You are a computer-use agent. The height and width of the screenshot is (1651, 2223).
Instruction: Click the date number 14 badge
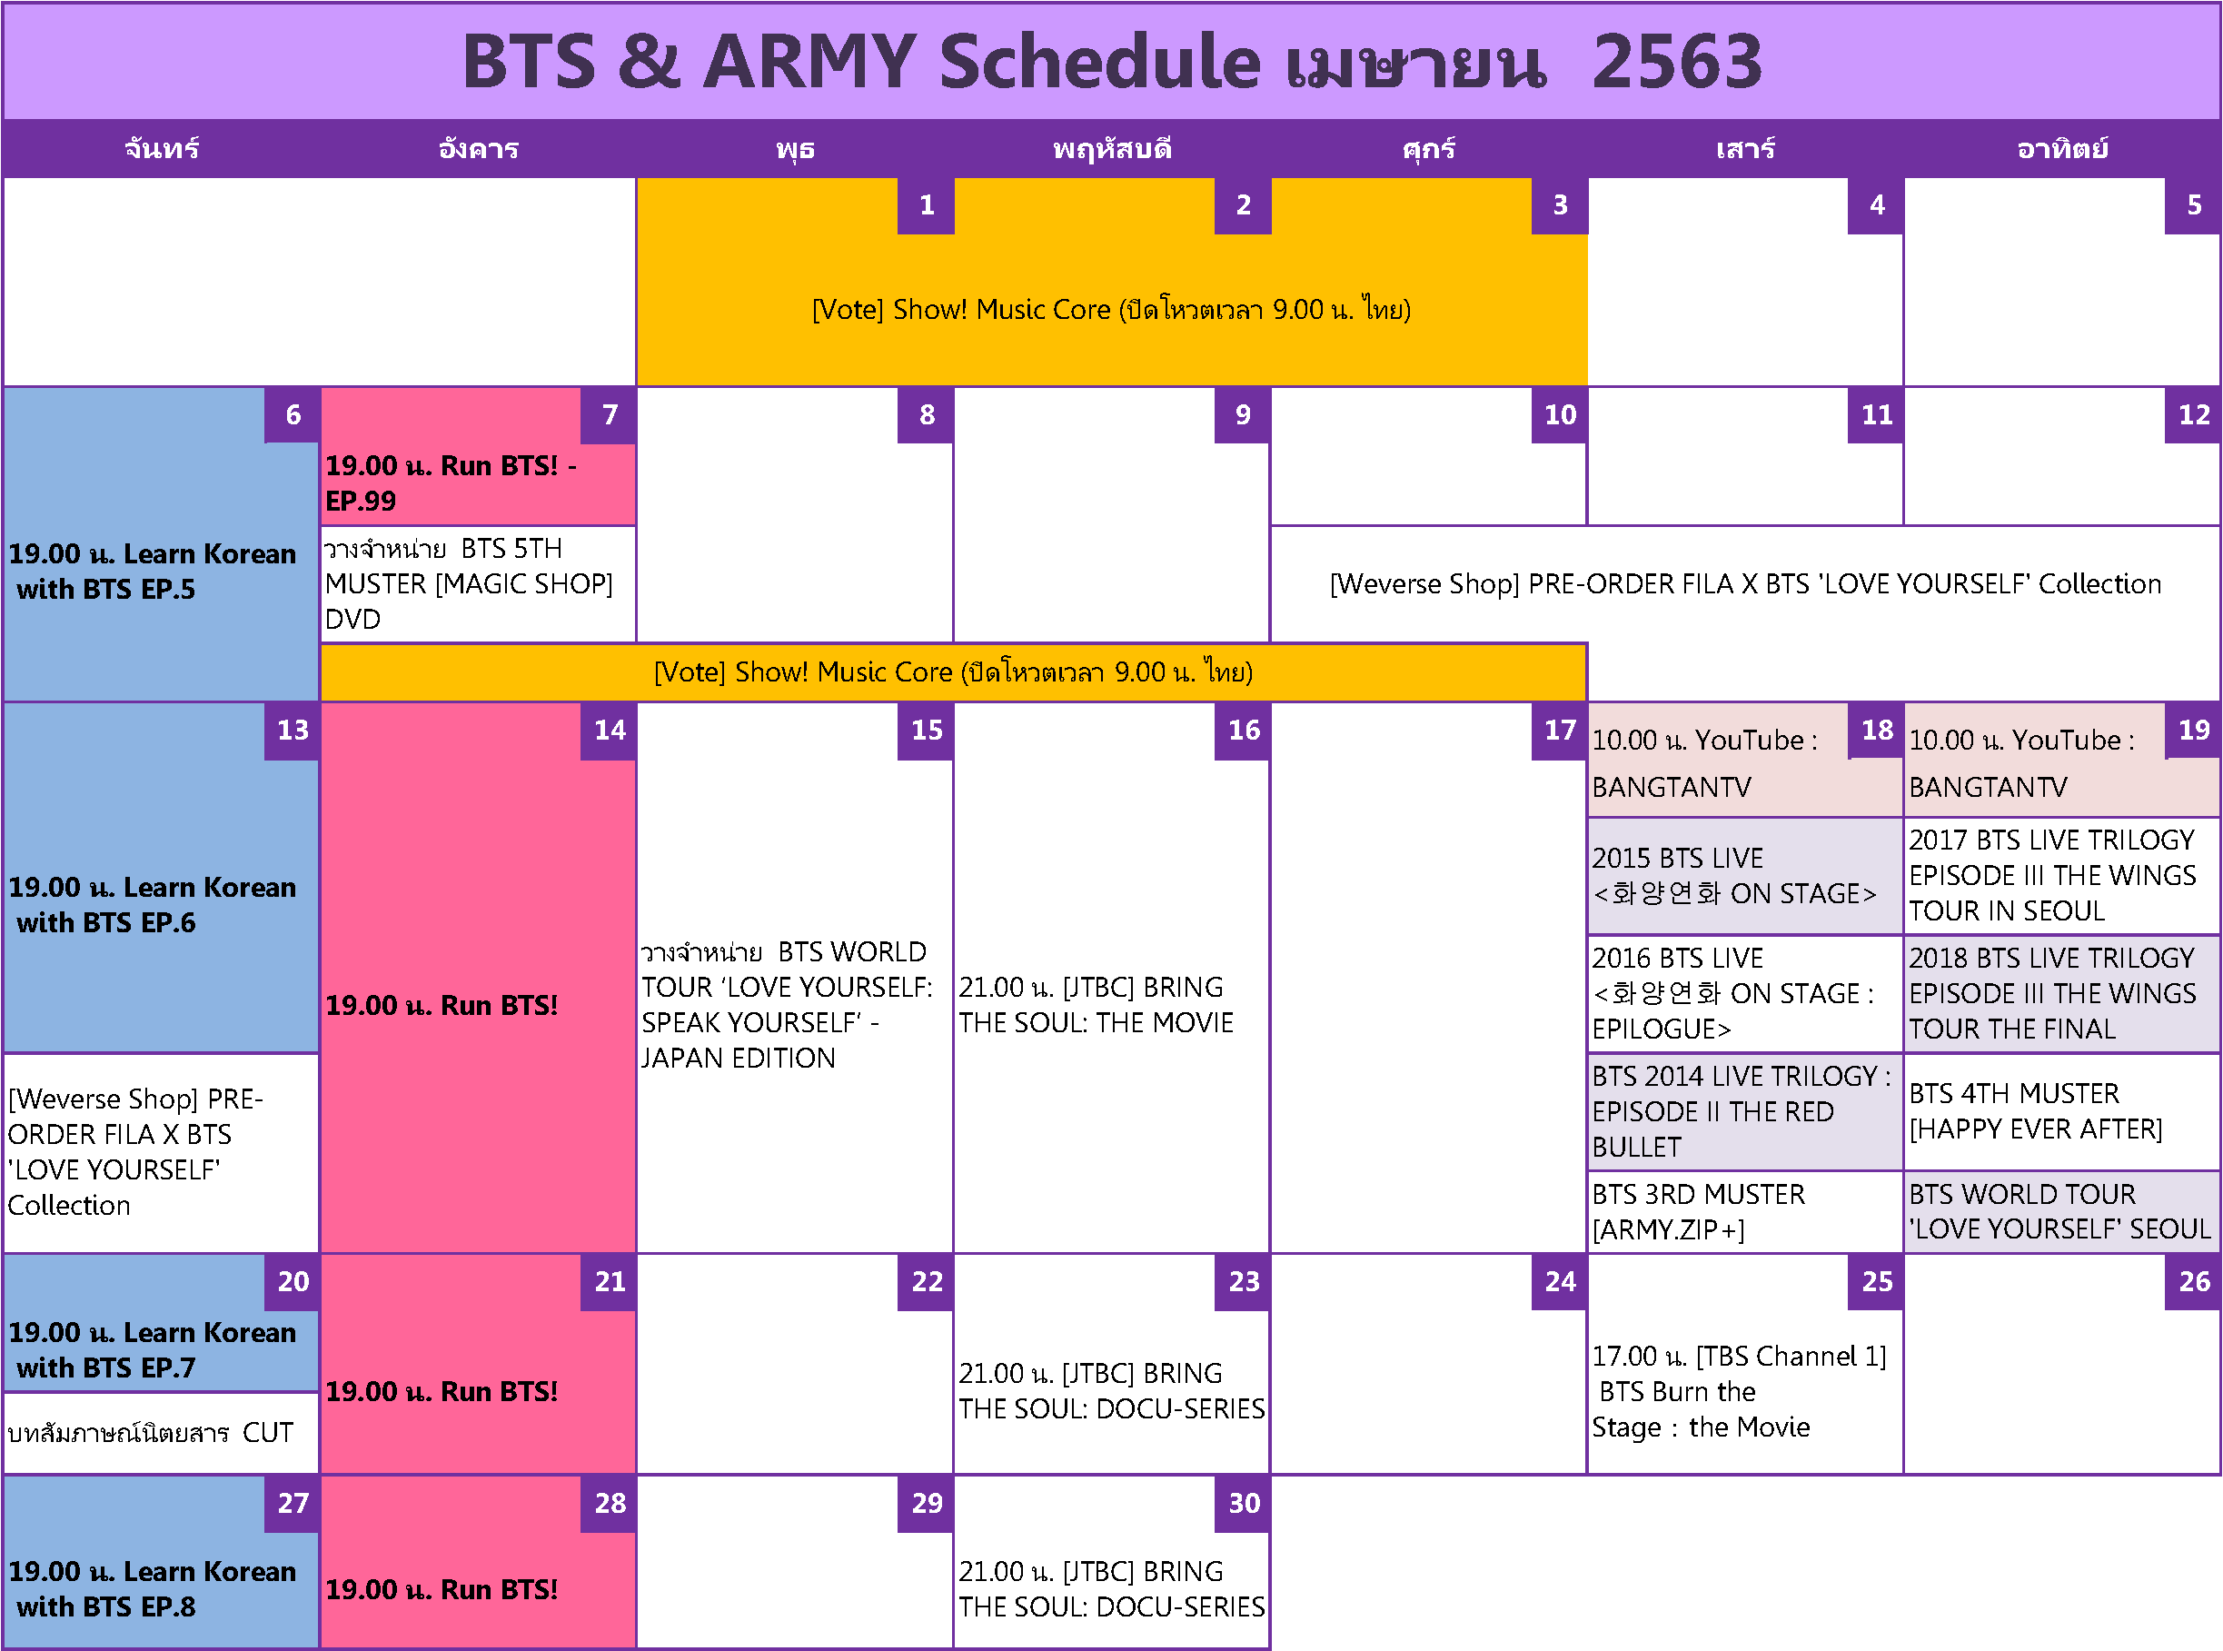click(609, 731)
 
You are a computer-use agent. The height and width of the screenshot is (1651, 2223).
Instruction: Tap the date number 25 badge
click(1875, 1282)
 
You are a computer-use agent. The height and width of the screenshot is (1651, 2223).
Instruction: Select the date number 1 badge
click(926, 206)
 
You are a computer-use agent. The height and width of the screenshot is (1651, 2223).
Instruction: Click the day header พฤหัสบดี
click(1111, 150)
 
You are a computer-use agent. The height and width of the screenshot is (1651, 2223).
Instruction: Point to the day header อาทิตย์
click(2062, 150)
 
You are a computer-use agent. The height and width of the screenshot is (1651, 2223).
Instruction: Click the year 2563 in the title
click(1676, 62)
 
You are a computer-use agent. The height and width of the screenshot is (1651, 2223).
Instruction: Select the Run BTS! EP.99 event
click(451, 483)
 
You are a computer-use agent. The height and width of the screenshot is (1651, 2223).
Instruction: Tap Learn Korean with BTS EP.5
click(152, 572)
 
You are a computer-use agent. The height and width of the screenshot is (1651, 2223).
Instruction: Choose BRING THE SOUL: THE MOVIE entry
click(1096, 1005)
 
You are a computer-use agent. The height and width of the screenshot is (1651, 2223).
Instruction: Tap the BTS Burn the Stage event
click(1739, 1392)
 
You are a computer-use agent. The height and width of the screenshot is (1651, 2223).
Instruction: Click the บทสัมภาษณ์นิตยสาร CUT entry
click(151, 1433)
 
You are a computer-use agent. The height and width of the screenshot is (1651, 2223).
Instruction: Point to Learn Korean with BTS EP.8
click(152, 1589)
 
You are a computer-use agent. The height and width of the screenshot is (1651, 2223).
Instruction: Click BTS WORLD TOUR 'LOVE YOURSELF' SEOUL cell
click(2060, 1212)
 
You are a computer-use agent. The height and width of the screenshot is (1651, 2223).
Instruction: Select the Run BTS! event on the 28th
click(442, 1590)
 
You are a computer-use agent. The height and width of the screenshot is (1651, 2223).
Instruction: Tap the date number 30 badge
click(1243, 1504)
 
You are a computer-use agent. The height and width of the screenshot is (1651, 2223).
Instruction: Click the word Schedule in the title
click(1100, 62)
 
